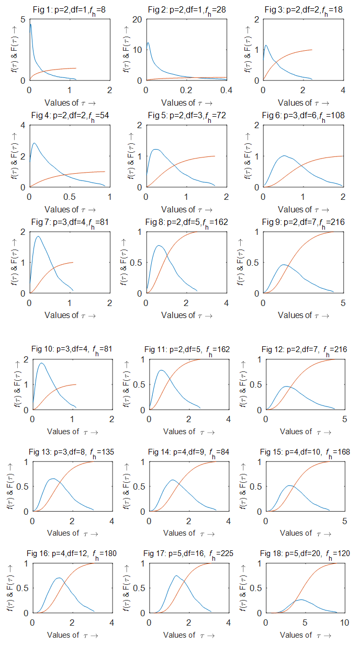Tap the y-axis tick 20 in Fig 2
click(x=138, y=19)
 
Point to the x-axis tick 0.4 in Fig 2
click(x=226, y=90)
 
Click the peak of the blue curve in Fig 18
click(x=300, y=599)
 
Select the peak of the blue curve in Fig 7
click(x=38, y=236)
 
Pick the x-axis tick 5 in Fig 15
click(x=344, y=521)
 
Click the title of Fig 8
click(x=187, y=222)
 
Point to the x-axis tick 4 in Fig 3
click(x=343, y=90)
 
